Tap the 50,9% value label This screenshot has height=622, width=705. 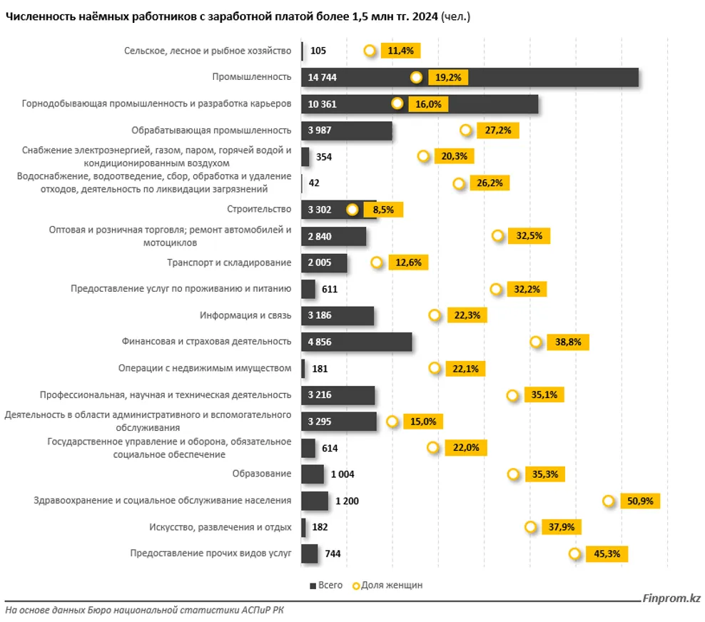pyautogui.click(x=640, y=501)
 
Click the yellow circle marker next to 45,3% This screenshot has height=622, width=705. pyautogui.click(x=575, y=554)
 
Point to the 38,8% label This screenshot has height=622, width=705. pyautogui.click(x=568, y=342)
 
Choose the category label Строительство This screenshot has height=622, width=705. pyautogui.click(x=260, y=209)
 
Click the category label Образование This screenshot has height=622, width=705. pyautogui.click(x=262, y=474)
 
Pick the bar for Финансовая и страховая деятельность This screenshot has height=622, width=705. pyautogui.click(x=357, y=342)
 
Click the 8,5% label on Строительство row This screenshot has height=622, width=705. pyautogui.click(x=384, y=210)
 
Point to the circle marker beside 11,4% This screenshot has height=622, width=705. pyautogui.click(x=370, y=51)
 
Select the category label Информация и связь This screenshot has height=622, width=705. pyautogui.click(x=246, y=315)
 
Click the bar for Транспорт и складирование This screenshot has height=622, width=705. pyautogui.click(x=324, y=262)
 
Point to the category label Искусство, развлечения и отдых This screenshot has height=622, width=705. pyautogui.click(x=220, y=527)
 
